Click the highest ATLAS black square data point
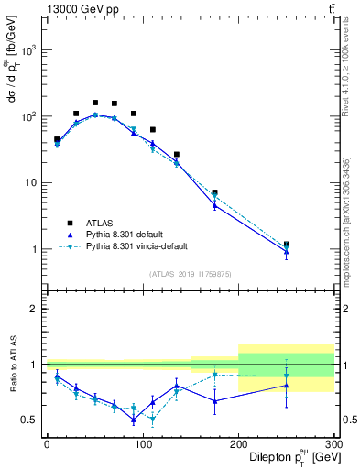94,103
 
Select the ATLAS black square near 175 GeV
214,192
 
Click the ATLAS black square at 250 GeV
286,245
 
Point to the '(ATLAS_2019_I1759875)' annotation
190,273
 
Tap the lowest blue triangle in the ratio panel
133,420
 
